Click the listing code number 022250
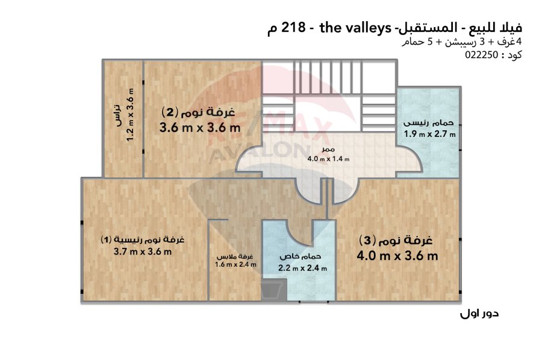481,55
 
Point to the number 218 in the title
294,27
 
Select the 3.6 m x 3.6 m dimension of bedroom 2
200,127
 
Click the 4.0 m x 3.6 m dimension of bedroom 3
397,256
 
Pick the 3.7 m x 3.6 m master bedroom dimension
142,252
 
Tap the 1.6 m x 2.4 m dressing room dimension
235,264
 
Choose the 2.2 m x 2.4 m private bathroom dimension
302,268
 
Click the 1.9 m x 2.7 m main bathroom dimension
429,134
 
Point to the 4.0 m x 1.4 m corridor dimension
328,159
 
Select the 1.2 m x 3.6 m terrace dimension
130,115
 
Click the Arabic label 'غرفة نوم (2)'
198,112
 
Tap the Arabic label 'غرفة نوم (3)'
396,240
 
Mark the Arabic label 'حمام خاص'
301,256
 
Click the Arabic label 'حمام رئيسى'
429,123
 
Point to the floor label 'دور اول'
479,314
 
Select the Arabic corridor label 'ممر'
328,150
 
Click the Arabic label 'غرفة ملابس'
235,257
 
